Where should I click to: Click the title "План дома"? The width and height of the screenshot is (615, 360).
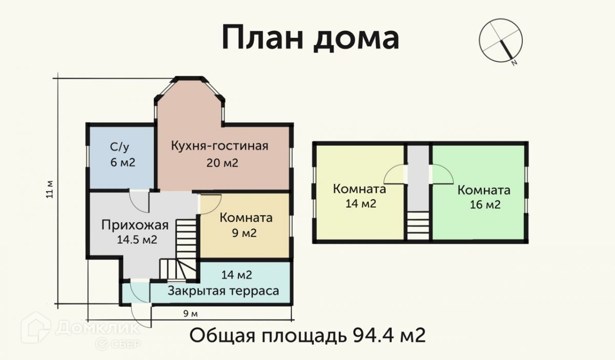pos(310,38)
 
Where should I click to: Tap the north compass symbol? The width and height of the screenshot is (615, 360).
pos(500,40)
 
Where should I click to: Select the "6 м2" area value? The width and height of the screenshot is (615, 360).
pos(121,163)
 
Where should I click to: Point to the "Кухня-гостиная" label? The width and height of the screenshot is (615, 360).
pos(219,146)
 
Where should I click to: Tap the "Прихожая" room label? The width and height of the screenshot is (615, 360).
pos(135,225)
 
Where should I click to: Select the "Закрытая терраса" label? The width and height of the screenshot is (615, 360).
pos(223,291)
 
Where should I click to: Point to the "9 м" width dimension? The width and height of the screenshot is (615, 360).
pos(190,313)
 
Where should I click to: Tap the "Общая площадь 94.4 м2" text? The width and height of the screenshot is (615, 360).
pos(307,336)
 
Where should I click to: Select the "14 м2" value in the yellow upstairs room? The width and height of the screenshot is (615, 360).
pos(360,204)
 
